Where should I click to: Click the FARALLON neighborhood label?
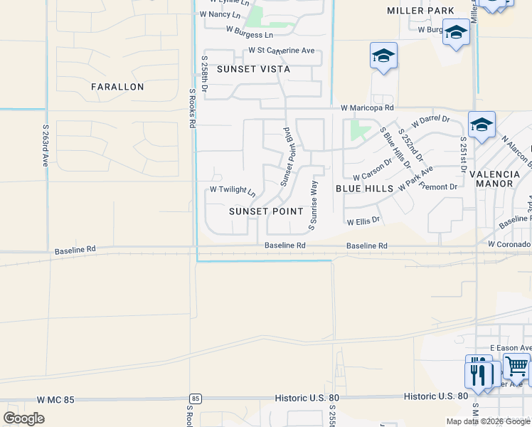117,87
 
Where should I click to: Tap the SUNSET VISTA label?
254,69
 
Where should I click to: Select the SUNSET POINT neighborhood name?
266,211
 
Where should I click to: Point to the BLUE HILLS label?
364,189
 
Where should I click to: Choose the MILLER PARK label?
420,11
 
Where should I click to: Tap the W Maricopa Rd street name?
367,108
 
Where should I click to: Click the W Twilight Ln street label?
233,191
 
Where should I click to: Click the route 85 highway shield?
195,398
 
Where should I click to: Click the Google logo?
24,418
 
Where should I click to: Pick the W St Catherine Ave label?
281,51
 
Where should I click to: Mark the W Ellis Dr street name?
363,221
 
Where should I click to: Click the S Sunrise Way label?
313,205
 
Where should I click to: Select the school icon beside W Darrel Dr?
482,125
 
